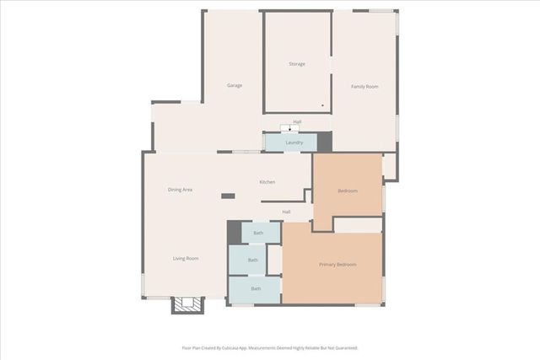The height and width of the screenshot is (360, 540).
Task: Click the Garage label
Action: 235,86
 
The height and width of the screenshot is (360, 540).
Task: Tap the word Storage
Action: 296,64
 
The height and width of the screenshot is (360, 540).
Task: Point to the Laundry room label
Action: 294,142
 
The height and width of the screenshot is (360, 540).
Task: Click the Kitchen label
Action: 267,182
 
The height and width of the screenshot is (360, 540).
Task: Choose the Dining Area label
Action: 180,190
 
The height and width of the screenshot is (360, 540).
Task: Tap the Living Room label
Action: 186,258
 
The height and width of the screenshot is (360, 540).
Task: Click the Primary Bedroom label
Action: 337,265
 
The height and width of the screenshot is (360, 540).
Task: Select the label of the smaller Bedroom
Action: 348,191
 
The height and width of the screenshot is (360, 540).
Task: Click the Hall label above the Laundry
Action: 297,121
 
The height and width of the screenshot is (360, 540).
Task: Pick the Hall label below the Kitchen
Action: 286,212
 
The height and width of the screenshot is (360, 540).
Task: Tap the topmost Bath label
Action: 258,233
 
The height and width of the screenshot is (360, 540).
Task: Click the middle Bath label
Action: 253,261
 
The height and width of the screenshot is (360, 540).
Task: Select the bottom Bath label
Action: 255,288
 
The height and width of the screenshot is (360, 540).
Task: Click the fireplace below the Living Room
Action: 188,304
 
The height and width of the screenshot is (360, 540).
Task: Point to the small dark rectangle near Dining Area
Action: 228,196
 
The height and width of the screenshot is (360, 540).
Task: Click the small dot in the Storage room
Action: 322,105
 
